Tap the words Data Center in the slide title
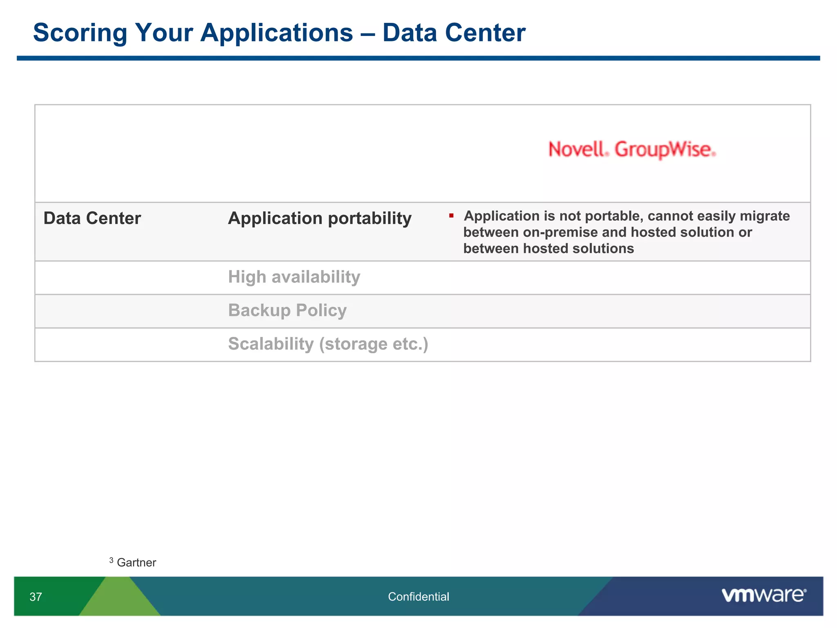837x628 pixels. tap(454, 33)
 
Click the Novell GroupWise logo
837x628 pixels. tap(632, 150)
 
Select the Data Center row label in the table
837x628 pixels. tap(92, 218)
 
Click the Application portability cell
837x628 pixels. tap(320, 218)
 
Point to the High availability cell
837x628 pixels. tap(294, 277)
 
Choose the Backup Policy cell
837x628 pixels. tap(287, 311)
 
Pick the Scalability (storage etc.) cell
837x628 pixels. tap(328, 344)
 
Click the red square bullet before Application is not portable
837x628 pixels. tap(451, 215)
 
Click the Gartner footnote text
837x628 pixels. tap(137, 563)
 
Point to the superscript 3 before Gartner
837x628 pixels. tap(111, 560)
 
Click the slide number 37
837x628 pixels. tap(36, 597)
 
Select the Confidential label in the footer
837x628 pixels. tap(418, 597)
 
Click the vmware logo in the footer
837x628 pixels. tap(764, 595)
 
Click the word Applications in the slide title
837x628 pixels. tap(277, 33)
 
